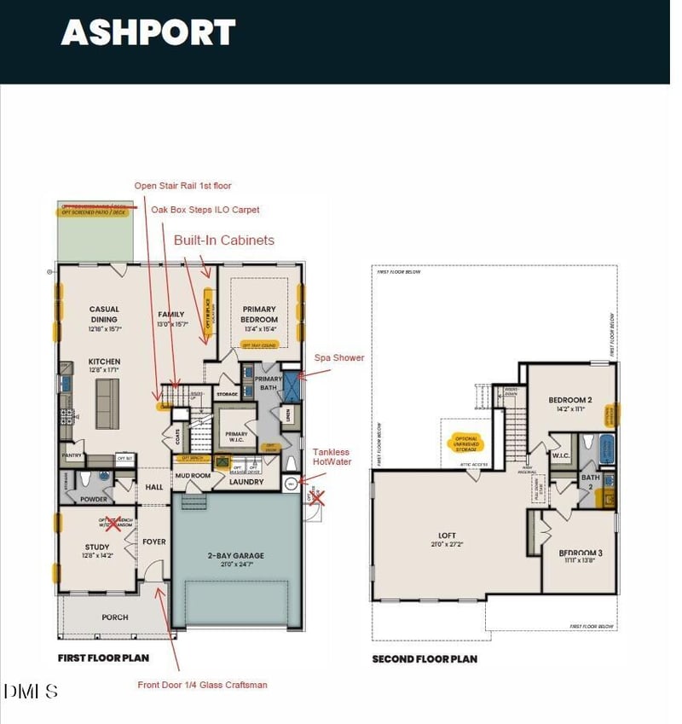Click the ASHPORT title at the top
[x=147, y=32]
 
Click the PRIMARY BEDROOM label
[x=259, y=314]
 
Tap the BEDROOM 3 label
[x=581, y=553]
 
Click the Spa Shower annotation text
[x=339, y=358]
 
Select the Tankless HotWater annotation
[x=336, y=457]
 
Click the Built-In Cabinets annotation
[x=224, y=240]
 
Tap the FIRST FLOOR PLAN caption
[x=103, y=657]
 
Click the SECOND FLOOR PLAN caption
[x=425, y=658]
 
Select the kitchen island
[x=107, y=404]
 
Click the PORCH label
[x=114, y=617]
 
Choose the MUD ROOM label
[x=193, y=476]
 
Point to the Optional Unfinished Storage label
[x=467, y=444]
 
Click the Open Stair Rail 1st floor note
[x=182, y=186]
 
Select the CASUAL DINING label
[x=104, y=315]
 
